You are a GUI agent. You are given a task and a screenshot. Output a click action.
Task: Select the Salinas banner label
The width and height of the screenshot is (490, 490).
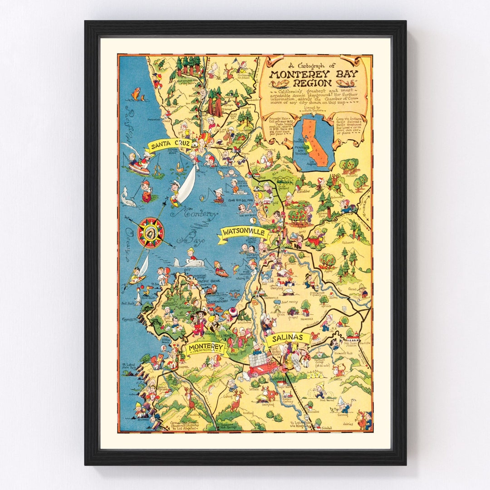287,338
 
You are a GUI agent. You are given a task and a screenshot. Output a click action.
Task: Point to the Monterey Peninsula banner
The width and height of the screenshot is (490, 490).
205,348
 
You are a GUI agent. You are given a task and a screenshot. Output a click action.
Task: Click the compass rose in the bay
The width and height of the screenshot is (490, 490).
150,233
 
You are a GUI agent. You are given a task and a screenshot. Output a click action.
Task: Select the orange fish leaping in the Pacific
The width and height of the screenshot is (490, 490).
135,93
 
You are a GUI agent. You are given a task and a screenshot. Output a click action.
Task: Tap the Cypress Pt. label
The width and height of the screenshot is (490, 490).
129,320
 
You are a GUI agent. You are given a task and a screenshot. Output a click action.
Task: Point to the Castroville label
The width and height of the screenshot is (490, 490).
272,298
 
